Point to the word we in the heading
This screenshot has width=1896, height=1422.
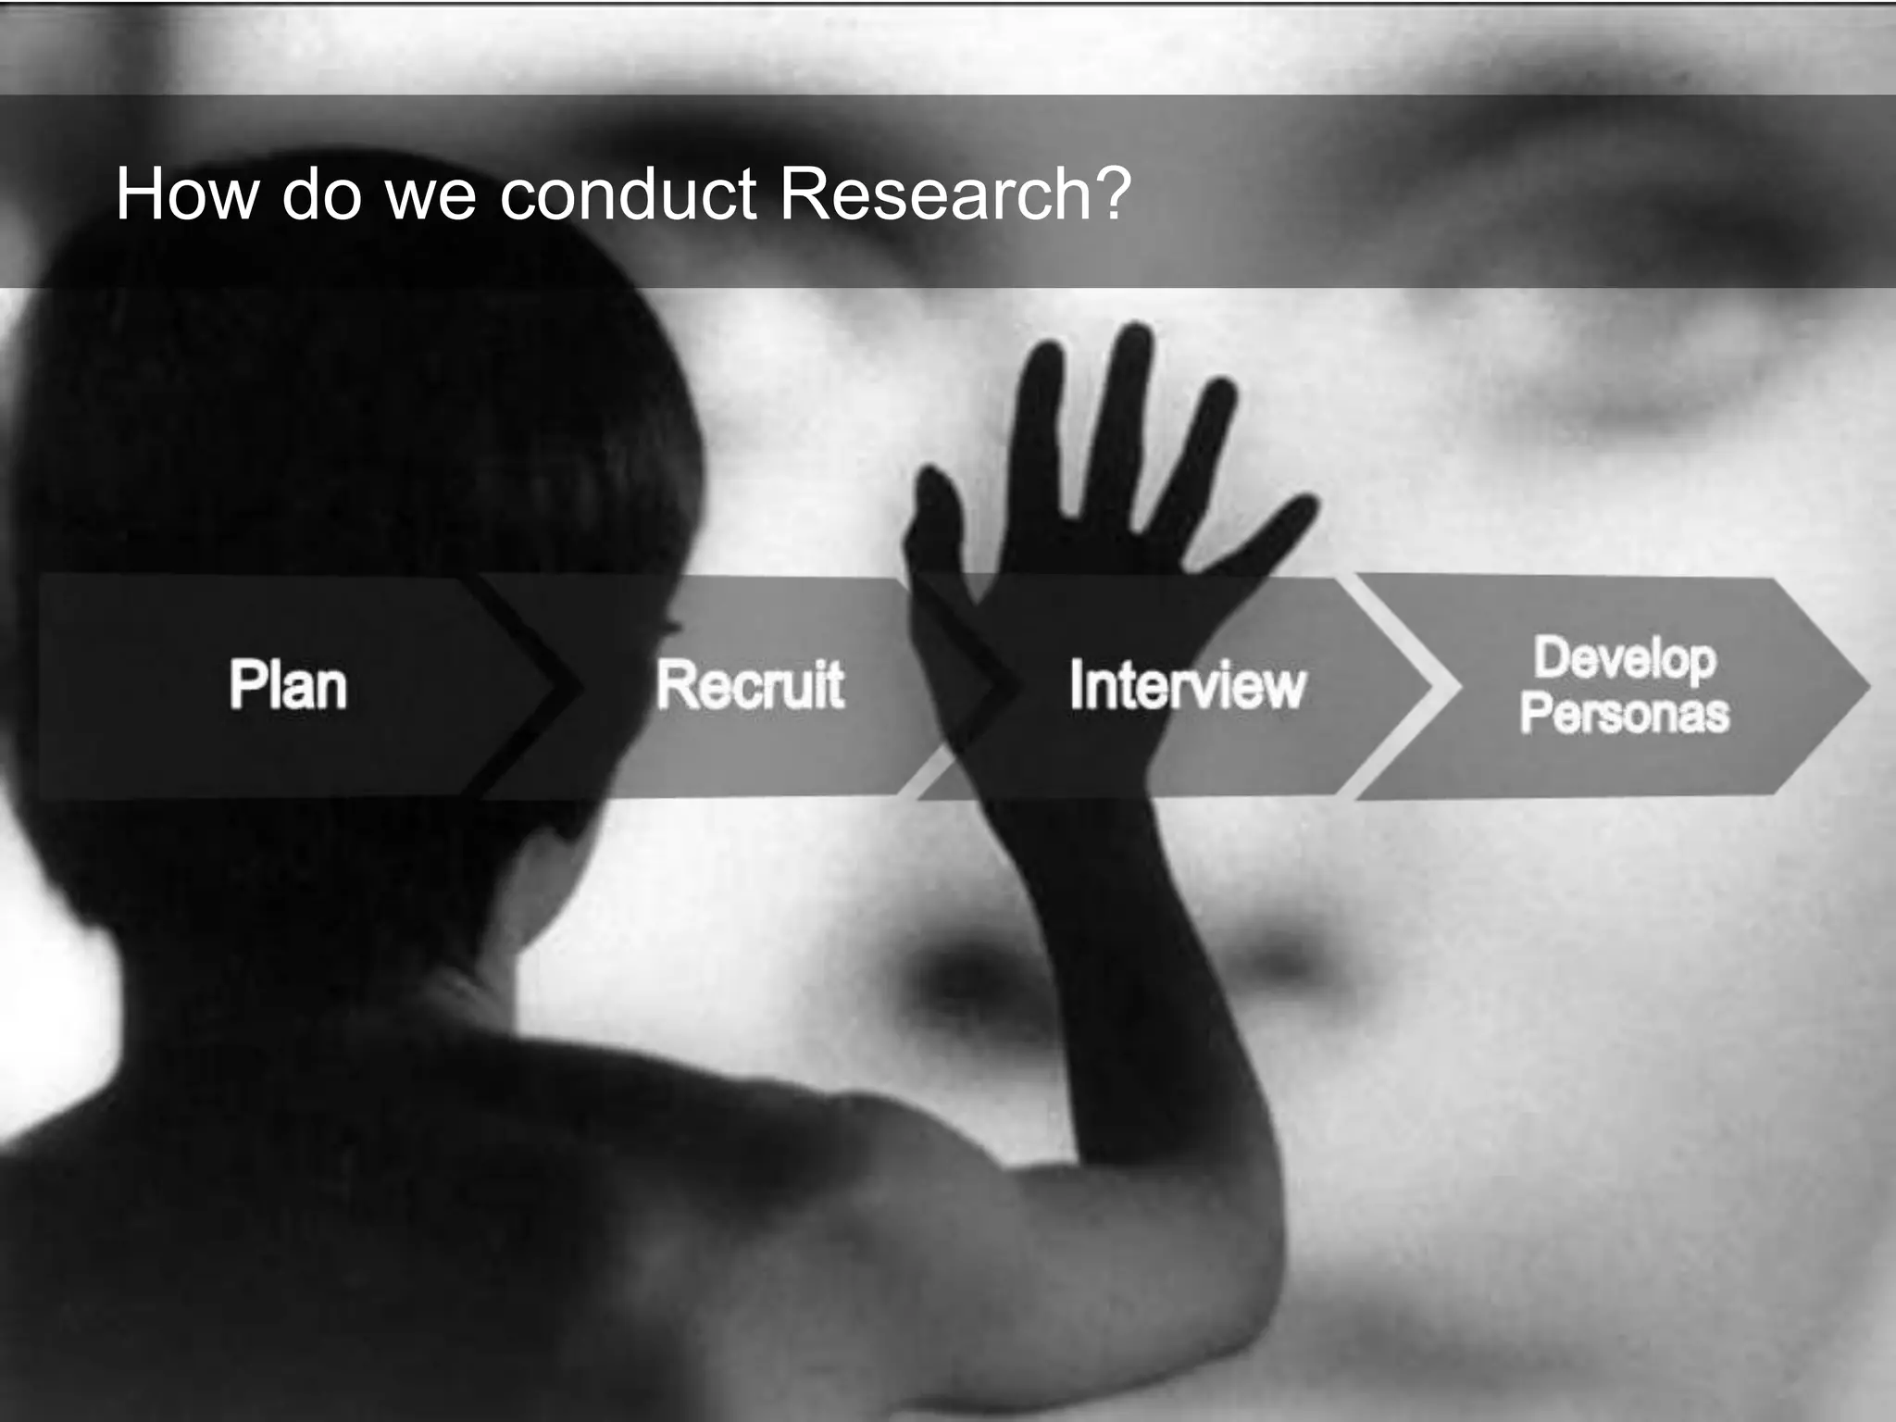click(x=430, y=196)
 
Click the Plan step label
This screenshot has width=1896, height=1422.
click(x=288, y=686)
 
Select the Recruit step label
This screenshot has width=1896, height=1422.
click(x=750, y=686)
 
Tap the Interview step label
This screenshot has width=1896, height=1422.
click(x=1187, y=686)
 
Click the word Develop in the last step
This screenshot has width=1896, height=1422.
click(x=1625, y=659)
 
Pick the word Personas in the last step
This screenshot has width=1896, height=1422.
click(x=1625, y=714)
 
